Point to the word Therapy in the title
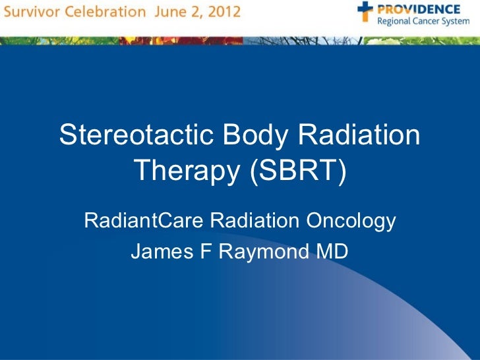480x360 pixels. point(186,171)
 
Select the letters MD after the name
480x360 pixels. point(331,252)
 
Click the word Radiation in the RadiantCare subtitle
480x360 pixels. point(253,221)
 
